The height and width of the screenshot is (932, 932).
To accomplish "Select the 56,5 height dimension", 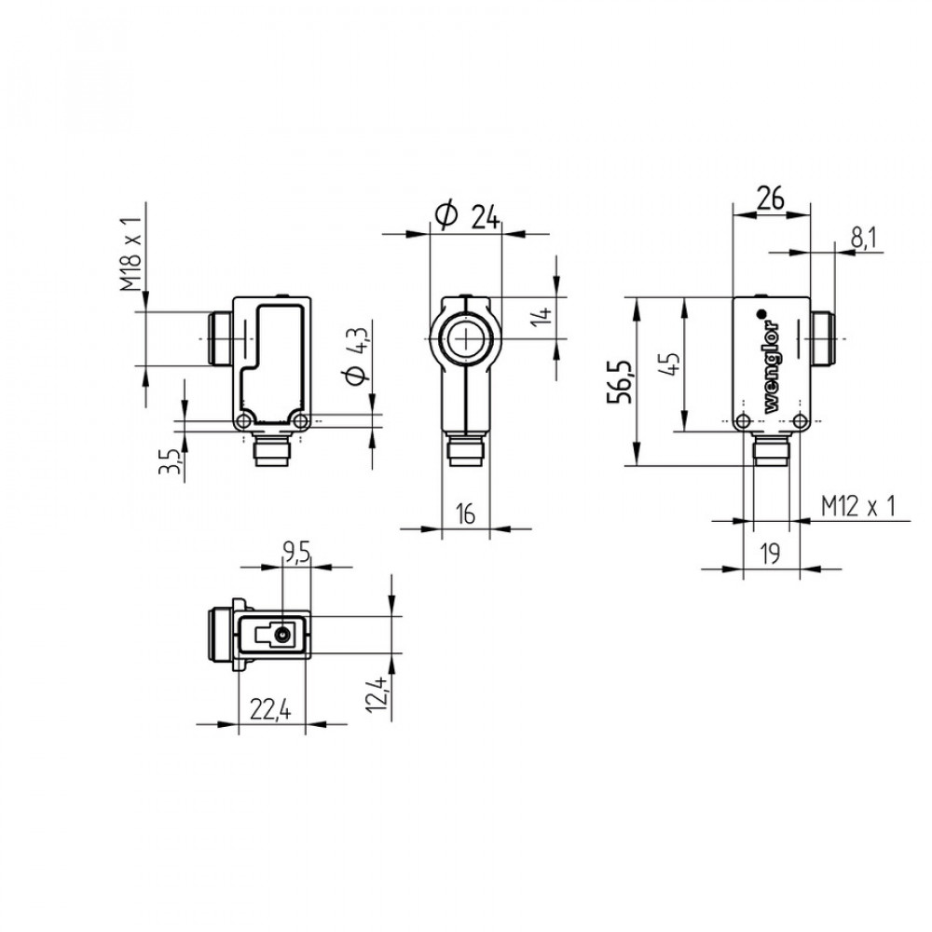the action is click(620, 382).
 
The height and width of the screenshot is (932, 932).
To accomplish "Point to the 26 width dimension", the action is click(771, 198).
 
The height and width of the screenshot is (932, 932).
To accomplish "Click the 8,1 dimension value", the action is click(863, 238).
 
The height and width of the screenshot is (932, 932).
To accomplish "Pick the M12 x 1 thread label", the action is click(857, 506).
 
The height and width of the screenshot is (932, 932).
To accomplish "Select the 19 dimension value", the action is click(770, 554).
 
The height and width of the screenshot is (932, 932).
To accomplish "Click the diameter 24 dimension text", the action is click(467, 215).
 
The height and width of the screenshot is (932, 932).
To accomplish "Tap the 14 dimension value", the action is click(541, 316).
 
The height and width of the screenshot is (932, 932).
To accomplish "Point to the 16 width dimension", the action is click(465, 514).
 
